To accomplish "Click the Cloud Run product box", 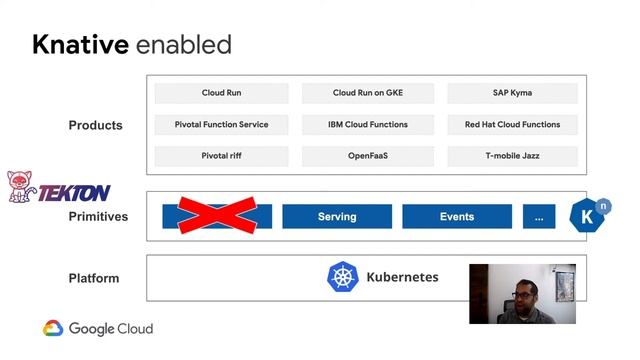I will (x=221, y=93).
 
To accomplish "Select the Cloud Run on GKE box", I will (x=368, y=93).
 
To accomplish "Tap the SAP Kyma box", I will (x=512, y=93).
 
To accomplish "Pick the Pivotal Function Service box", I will (x=221, y=125).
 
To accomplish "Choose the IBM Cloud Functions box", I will (x=368, y=125).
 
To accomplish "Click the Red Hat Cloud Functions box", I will (x=512, y=125).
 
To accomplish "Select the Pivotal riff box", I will (x=221, y=156).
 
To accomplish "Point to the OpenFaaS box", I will (x=368, y=156).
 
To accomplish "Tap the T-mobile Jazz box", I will (x=512, y=156).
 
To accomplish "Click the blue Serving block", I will (x=337, y=217).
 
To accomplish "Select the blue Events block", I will (x=457, y=217).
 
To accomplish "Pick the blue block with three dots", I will (x=539, y=217).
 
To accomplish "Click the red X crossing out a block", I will (x=217, y=215).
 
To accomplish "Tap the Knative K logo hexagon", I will (x=589, y=216).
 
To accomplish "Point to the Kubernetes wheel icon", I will (x=343, y=277).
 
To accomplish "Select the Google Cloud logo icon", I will (x=53, y=328).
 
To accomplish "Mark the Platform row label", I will (x=94, y=278).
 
